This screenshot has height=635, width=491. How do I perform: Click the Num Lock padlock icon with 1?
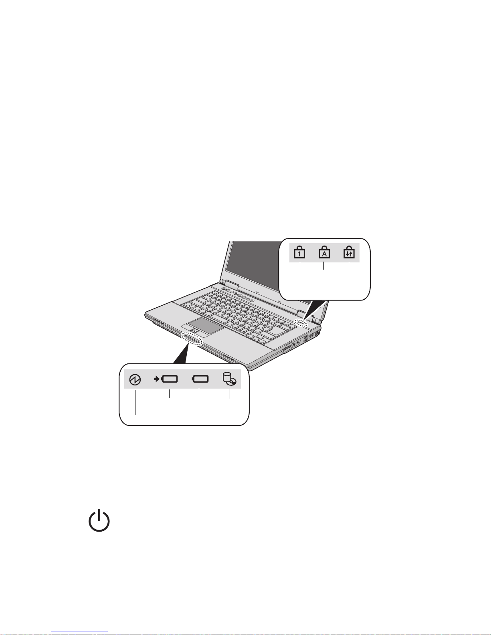click(x=299, y=253)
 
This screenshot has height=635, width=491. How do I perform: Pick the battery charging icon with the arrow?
click(x=166, y=379)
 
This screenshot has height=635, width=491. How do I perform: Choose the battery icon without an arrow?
click(x=200, y=379)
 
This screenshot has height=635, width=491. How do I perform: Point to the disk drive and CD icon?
click(x=230, y=379)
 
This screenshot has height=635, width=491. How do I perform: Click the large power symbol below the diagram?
click(x=99, y=521)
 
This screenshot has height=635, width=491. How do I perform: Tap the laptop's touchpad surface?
click(x=206, y=326)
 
